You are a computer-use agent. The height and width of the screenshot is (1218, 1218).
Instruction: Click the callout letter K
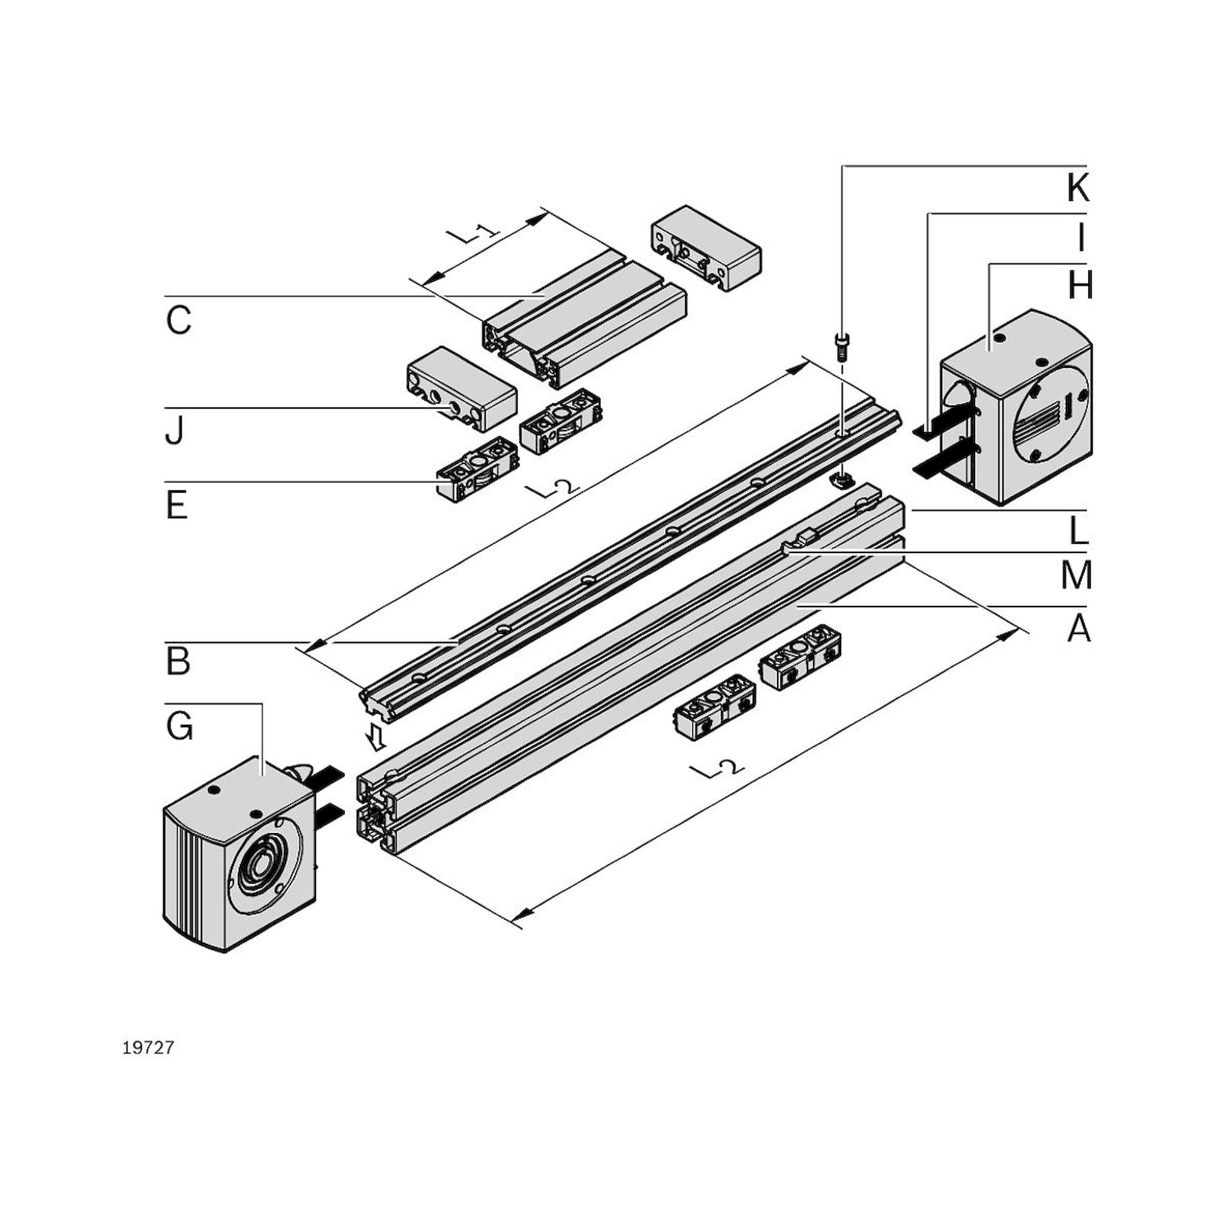click(1078, 187)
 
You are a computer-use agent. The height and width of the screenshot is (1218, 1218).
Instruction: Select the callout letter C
click(178, 320)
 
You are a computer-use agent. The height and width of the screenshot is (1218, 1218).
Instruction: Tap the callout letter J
click(175, 431)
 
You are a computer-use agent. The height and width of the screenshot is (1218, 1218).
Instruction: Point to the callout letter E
click(177, 505)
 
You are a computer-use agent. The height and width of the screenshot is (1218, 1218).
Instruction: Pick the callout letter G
click(180, 727)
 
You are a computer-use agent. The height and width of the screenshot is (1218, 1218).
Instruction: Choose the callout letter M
click(1076, 575)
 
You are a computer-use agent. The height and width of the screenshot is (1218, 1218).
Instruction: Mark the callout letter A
click(1079, 628)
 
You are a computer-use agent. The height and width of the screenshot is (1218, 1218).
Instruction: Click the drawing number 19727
click(148, 1047)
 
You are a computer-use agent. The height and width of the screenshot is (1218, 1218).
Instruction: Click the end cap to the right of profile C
click(706, 247)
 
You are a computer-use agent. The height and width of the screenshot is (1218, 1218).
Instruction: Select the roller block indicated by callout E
click(478, 468)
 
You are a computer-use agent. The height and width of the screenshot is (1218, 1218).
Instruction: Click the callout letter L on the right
click(1079, 531)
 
